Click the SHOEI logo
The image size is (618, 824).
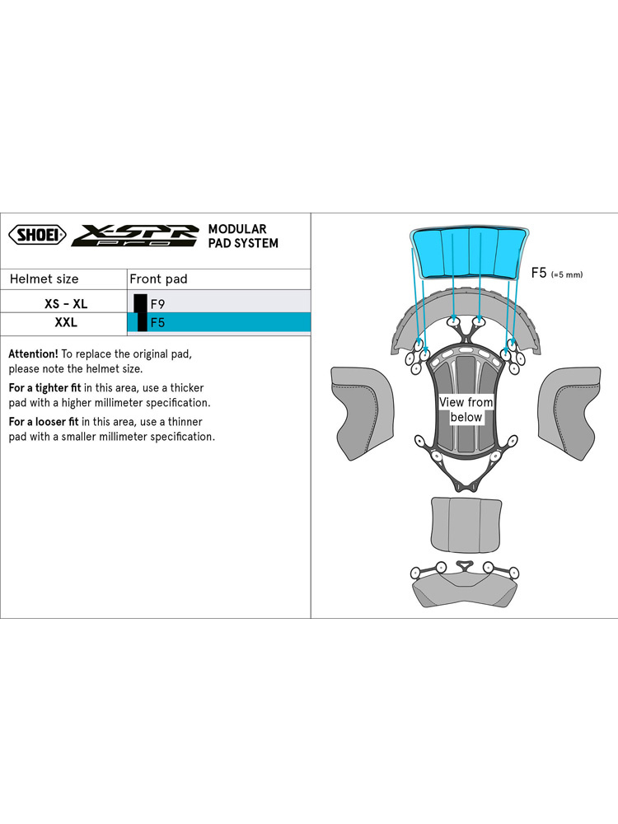38,234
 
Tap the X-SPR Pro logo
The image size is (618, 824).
135,236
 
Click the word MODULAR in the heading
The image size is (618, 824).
237,229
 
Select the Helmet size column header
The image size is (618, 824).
44,279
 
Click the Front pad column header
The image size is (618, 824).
158,279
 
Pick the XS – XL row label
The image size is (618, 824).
66,304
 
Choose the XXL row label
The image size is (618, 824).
66,322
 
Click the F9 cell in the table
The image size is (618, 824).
157,304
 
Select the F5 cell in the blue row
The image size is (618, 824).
157,322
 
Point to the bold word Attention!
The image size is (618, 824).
33,353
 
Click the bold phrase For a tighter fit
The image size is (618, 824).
44,388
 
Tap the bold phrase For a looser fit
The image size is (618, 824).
44,421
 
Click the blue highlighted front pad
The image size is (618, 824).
470,252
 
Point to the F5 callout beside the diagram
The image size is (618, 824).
539,273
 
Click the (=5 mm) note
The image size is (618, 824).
567,274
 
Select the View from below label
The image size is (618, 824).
466,410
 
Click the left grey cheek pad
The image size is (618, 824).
362,413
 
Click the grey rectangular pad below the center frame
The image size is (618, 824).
466,525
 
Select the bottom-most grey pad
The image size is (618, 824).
465,591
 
